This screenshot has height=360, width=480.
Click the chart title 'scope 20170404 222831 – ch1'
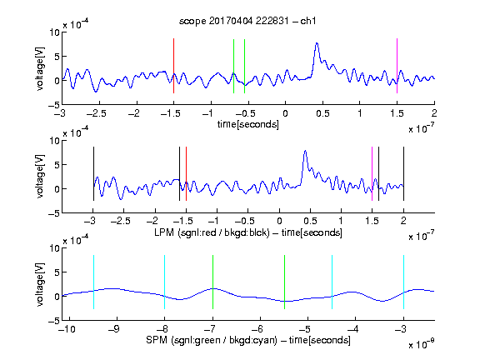(x=247, y=21)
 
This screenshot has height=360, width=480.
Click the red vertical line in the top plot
(x=173, y=66)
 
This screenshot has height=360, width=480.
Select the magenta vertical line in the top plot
(x=397, y=66)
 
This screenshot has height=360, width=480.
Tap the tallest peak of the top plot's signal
(x=317, y=43)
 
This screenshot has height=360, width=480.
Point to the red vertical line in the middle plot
(x=186, y=174)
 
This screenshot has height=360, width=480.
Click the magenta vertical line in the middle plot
(x=372, y=174)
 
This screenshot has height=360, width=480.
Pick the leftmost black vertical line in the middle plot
(x=93, y=174)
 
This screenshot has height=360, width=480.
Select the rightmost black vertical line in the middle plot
(x=403, y=174)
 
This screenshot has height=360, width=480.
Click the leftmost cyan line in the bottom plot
(x=93, y=282)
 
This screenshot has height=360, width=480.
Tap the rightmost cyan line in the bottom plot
(x=403, y=282)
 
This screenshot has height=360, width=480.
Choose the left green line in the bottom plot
(x=212, y=282)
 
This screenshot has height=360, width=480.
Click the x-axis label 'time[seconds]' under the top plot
(x=248, y=124)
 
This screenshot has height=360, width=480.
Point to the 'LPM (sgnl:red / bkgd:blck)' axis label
(x=212, y=232)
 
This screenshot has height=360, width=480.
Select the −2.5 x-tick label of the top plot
(x=96, y=113)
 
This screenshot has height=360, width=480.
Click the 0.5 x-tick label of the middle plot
(x=311, y=221)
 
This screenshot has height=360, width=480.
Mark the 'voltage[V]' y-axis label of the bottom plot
(x=40, y=284)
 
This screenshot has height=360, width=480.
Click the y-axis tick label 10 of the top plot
(x=54, y=32)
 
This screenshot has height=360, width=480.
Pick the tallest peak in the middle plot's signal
(x=305, y=151)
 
